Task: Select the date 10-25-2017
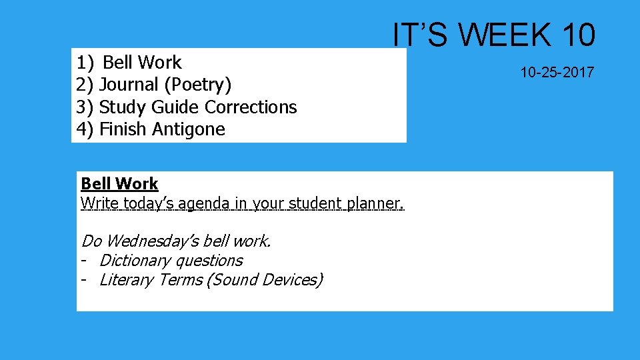point(557,73)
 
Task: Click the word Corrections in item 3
point(251,107)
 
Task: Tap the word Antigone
point(189,129)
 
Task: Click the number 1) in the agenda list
point(85,63)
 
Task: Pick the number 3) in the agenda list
point(85,107)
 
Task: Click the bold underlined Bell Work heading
point(119,183)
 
